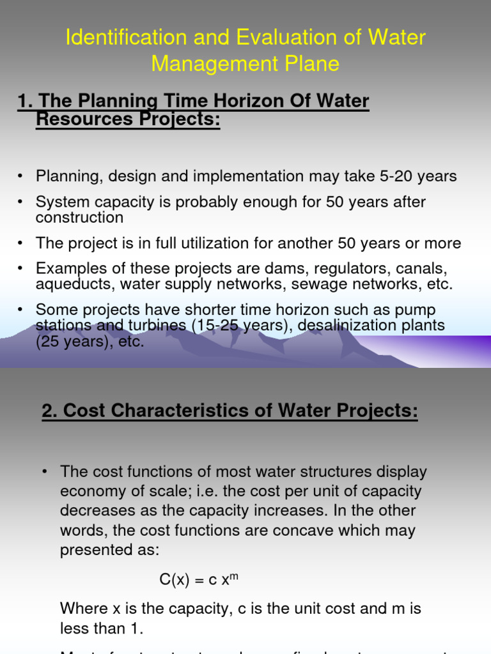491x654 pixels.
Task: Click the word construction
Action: [79, 217]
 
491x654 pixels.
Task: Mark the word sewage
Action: [323, 284]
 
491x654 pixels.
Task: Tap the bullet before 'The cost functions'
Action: [45, 473]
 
